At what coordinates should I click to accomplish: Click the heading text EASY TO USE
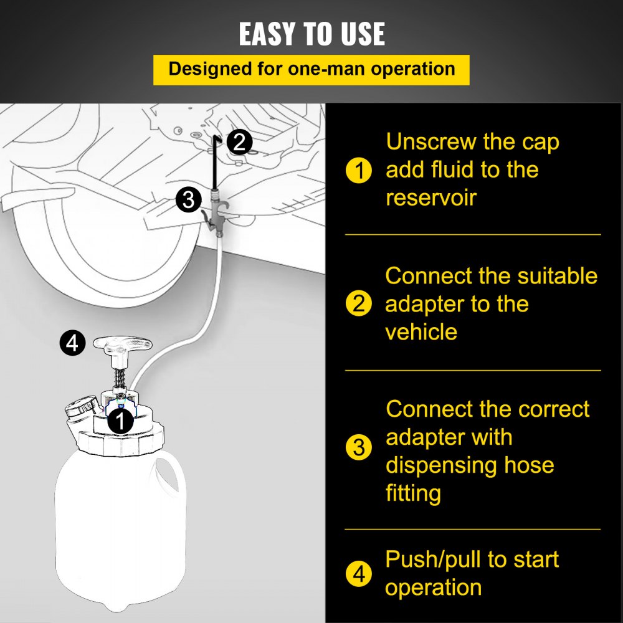pos(312,34)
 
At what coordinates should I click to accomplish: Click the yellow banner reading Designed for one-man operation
pos(311,70)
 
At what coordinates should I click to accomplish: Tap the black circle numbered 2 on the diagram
pos(240,142)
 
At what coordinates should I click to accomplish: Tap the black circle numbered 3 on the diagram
pos(189,199)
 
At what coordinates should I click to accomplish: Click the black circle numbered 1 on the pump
pos(120,421)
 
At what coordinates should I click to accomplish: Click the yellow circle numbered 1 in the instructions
pos(359,170)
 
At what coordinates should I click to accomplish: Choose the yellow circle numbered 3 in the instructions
pos(359,447)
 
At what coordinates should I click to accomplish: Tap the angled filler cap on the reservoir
pos(82,410)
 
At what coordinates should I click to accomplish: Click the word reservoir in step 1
pos(431,197)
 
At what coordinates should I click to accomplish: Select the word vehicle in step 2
pos(421,332)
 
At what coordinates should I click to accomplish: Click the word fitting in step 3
pos(413,493)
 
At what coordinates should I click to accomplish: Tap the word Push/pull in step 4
pos(433,559)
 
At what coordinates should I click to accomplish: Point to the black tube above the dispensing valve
pos(216,162)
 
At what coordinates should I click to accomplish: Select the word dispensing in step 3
pos(441,465)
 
